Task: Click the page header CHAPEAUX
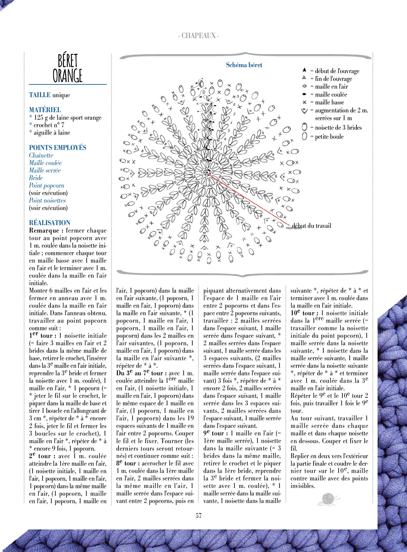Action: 199,36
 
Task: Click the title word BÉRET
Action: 68,61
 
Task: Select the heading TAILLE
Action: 40,95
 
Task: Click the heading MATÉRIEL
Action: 45,110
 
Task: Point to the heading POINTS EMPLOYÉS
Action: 58,147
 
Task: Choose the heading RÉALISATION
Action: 50,223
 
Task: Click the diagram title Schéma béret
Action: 244,65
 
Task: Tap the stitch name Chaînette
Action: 41,155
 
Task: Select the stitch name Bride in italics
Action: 36,178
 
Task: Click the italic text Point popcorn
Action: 47,185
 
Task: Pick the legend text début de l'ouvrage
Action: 337,71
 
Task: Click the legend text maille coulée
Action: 331,95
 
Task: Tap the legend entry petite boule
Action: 329,137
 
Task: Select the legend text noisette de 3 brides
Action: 338,128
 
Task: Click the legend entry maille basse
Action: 329,102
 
